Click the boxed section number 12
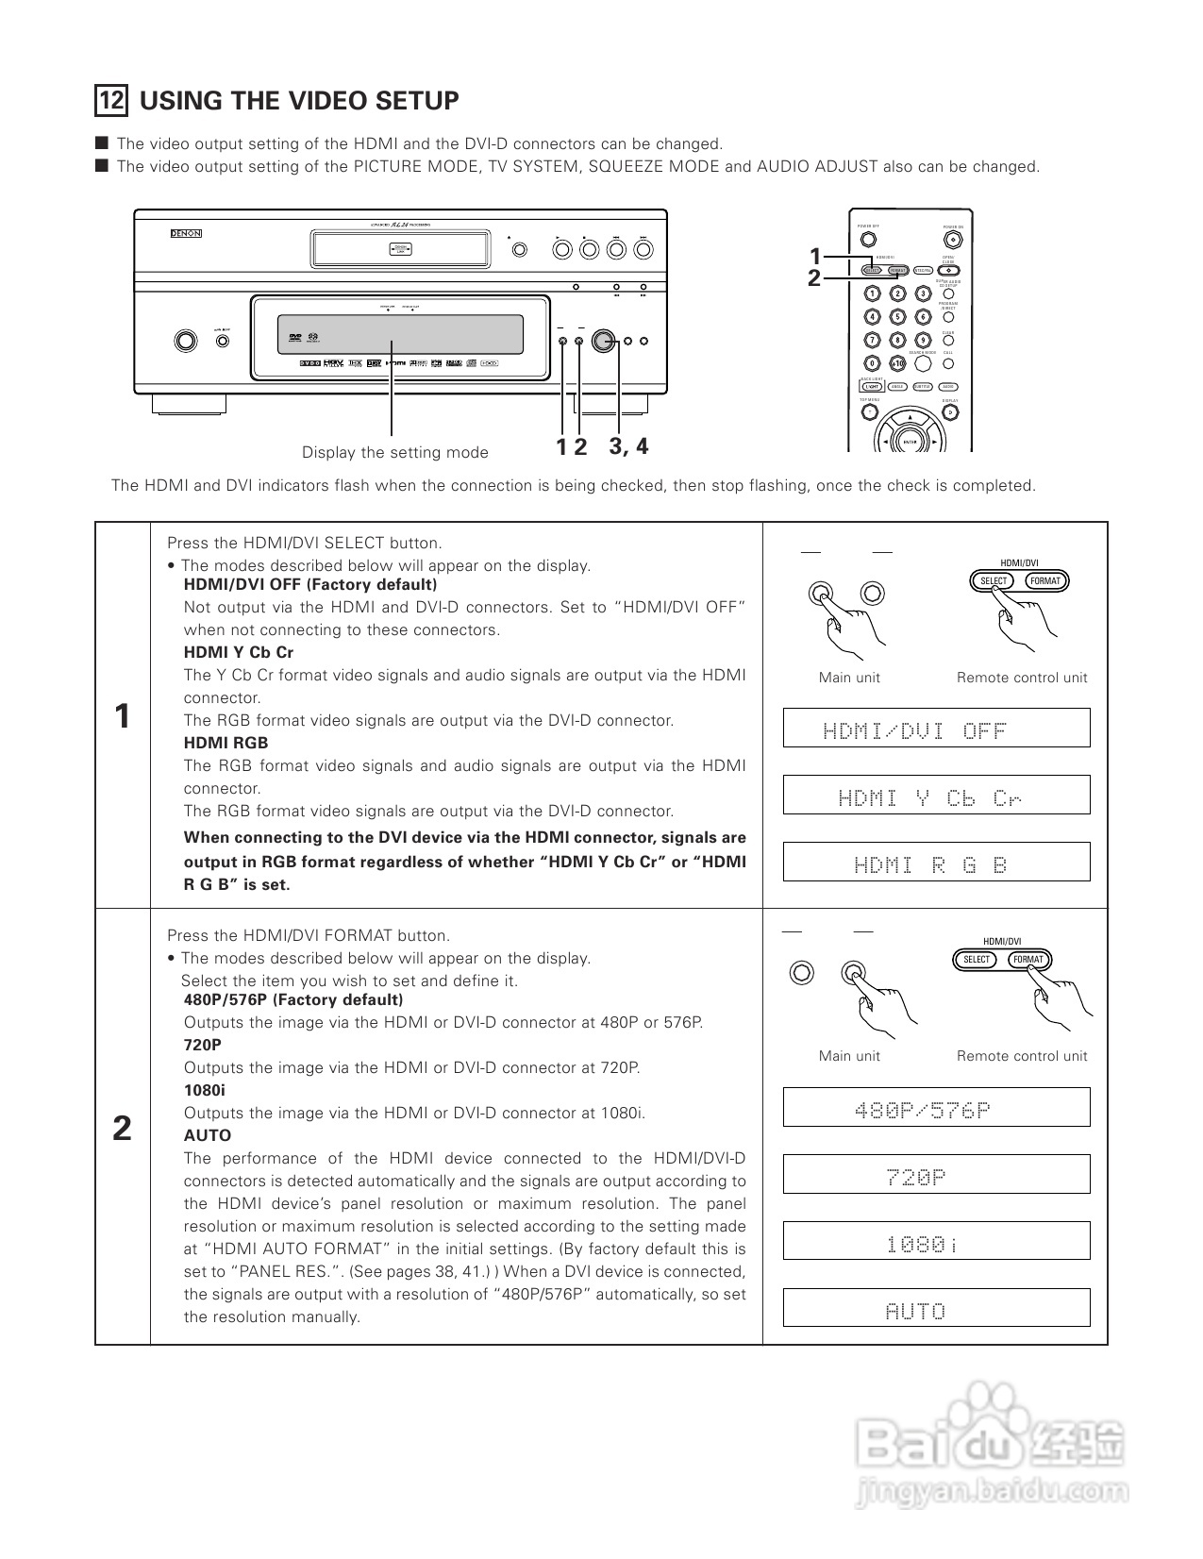111,100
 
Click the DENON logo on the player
186,233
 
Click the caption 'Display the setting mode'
394,453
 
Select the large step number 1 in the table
122,716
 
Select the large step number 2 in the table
122,1128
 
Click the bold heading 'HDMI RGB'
226,743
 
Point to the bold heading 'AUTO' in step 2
208,1135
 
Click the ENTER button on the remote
910,442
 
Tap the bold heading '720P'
203,1045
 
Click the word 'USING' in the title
180,101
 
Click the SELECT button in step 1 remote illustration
994,581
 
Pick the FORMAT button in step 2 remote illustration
1028,960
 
